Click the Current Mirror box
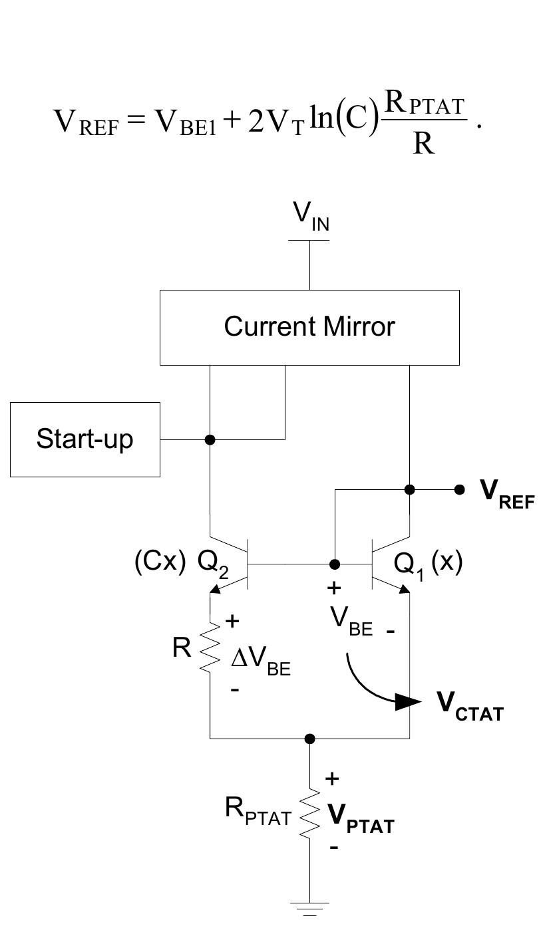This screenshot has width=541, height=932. pos(309,327)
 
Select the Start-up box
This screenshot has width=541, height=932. pos(85,439)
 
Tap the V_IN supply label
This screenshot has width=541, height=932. pos(311,216)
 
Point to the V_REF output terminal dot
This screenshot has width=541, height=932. pos(459,489)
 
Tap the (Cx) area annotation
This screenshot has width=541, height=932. pos(160,562)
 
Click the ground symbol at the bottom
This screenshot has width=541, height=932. pos(309,908)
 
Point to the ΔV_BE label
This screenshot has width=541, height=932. pos(260,661)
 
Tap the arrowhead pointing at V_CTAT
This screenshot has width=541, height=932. pos(407,702)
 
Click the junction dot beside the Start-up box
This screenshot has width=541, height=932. pos(210,439)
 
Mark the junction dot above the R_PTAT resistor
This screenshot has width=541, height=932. pos(309,738)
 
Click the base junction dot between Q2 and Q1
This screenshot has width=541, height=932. pos(335,564)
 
